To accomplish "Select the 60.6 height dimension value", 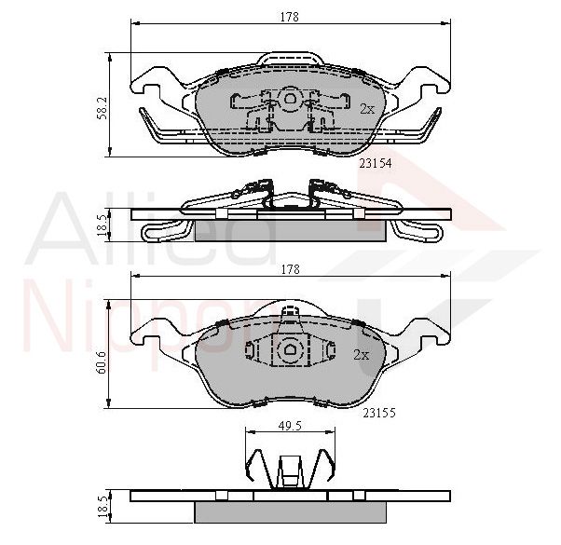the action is (x=102, y=361).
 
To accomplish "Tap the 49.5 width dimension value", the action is (x=290, y=426).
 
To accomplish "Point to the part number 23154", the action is (x=376, y=164).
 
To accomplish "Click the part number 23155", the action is (x=379, y=413).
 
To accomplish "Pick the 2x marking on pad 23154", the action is (x=367, y=109).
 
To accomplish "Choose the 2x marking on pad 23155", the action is (x=361, y=355).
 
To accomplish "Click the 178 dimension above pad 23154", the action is (x=290, y=17).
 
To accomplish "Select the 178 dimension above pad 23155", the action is (x=291, y=269).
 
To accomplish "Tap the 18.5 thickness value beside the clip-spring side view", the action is (x=103, y=225).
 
